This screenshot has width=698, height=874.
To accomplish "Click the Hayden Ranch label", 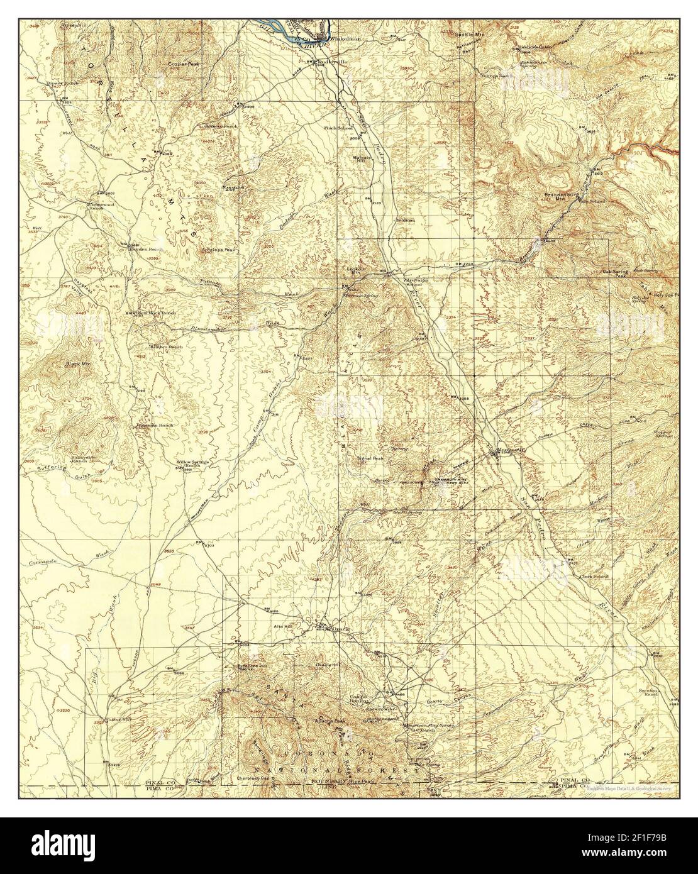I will pos(145,249).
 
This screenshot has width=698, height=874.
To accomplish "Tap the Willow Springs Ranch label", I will pos(192,464).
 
